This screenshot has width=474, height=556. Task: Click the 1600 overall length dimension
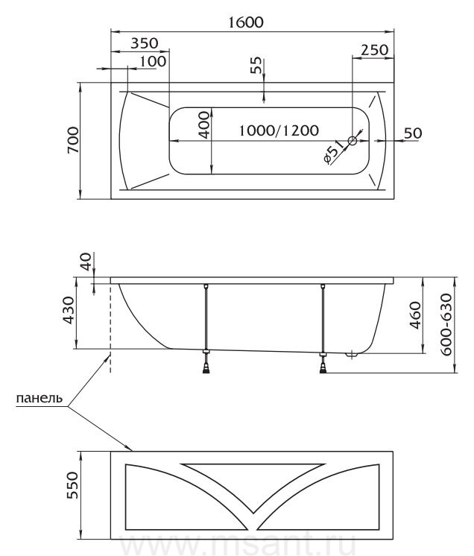245,22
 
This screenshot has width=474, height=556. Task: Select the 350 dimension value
145,43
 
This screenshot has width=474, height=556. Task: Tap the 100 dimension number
153,61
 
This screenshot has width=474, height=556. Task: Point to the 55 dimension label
256,66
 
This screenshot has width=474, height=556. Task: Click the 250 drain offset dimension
375,50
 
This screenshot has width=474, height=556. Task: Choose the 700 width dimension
73,140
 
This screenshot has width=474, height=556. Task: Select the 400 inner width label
204,124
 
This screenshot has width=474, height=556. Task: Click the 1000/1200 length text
279,130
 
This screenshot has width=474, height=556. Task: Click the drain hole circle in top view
353,140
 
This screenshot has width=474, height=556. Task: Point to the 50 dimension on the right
414,133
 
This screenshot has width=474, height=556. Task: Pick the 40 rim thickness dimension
86,262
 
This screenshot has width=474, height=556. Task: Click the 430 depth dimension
69,310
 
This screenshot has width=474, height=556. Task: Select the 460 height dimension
415,315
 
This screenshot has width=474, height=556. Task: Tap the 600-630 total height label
446,324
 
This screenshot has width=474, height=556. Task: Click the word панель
39,398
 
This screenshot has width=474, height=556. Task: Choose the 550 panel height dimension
73,485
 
